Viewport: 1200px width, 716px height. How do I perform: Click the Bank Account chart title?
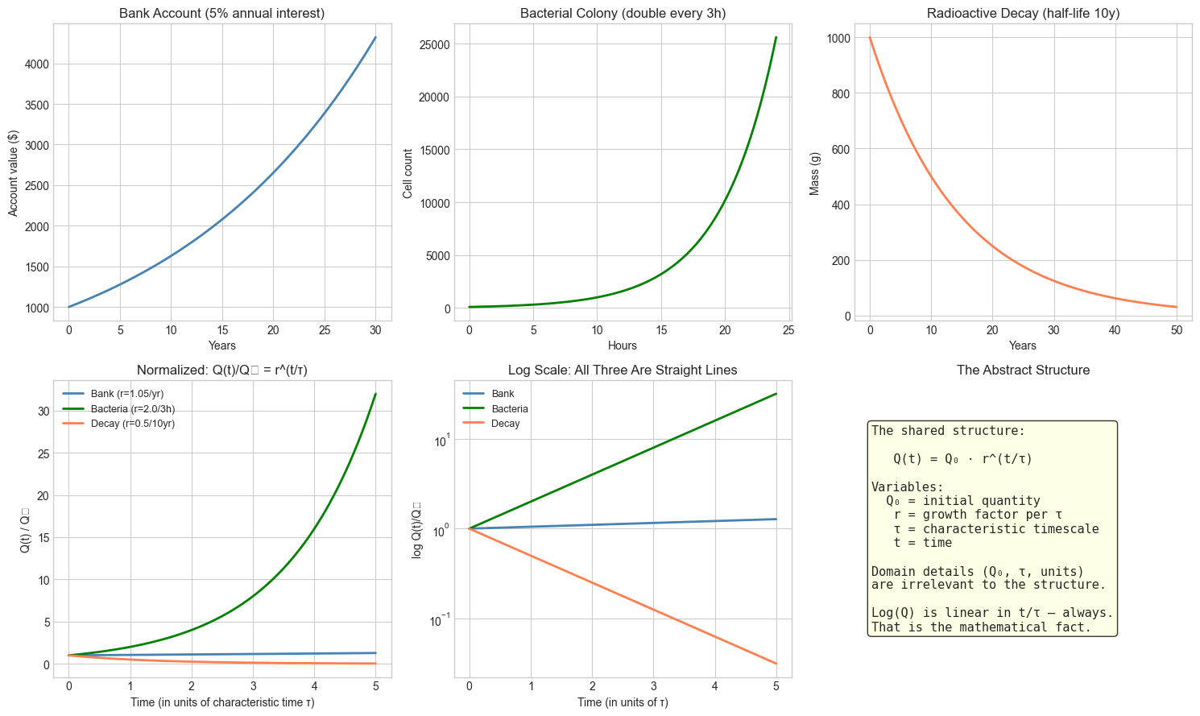pyautogui.click(x=221, y=13)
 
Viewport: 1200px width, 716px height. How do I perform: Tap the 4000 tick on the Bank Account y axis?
pyautogui.click(x=38, y=64)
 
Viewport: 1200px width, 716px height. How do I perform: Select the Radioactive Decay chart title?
pyautogui.click(x=1023, y=13)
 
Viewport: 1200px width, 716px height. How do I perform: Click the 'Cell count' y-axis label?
pyautogui.click(x=408, y=173)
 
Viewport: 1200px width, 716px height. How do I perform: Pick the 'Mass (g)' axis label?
pyautogui.click(x=815, y=173)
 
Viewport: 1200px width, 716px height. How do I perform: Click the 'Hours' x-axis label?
pyautogui.click(x=623, y=346)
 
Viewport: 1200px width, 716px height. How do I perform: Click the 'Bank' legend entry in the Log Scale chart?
pyautogui.click(x=503, y=394)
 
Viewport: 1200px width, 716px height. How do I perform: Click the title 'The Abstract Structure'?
pyautogui.click(x=1023, y=370)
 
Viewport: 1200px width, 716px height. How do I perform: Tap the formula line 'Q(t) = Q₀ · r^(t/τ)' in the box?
pyautogui.click(x=962, y=459)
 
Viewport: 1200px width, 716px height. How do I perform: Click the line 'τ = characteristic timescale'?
pyautogui.click(x=995, y=529)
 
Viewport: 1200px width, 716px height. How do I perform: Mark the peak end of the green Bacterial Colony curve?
pyautogui.click(x=776, y=37)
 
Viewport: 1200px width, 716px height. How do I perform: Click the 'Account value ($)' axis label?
pyautogui.click(x=13, y=173)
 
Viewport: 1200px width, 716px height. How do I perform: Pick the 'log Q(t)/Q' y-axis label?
pyautogui.click(x=416, y=530)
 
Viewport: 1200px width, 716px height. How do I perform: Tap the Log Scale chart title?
pyautogui.click(x=623, y=370)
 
